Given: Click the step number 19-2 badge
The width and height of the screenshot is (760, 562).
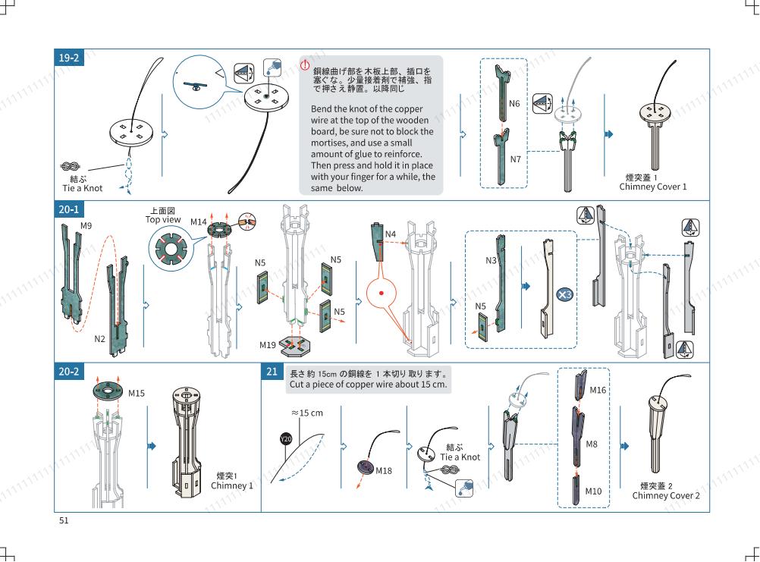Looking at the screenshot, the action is (69, 58).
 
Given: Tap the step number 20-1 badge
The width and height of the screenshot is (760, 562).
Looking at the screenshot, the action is (69, 209).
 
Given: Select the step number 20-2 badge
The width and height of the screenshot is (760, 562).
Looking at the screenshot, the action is (69, 372).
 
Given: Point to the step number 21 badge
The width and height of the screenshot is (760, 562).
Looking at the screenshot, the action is (272, 372).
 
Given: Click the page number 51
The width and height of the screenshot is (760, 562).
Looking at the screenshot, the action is (64, 520).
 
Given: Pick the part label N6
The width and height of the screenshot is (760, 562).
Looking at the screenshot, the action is (514, 103).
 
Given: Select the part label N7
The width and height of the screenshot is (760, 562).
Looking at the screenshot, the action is (515, 159).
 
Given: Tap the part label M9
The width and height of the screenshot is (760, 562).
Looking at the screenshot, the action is (86, 225).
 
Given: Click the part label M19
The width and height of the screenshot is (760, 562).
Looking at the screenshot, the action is (268, 345).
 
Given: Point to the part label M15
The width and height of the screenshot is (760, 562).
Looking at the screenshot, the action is (137, 394).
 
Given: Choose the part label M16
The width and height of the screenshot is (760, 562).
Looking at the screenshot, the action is (598, 390).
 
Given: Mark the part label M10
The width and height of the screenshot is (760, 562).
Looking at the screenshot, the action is (593, 491).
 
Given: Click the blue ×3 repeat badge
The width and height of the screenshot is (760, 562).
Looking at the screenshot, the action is (564, 294).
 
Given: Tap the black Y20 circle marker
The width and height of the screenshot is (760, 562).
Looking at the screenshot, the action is (286, 439).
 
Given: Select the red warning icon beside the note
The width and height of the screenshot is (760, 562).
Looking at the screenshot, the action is (305, 64).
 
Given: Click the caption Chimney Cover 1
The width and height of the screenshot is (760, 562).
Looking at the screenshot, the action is (653, 187).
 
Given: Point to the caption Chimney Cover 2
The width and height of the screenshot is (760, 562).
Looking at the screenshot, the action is (666, 495).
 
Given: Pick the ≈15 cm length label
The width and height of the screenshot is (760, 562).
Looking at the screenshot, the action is (307, 413).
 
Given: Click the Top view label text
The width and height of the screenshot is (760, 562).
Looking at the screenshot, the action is (163, 219).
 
